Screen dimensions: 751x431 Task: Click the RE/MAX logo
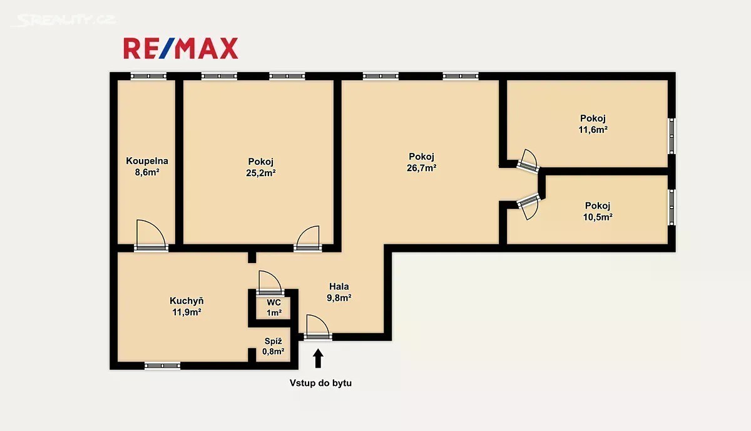tap(181, 48)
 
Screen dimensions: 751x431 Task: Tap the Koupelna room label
tap(147, 161)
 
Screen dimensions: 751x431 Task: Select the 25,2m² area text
tap(261, 173)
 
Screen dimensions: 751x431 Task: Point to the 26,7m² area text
tap(421, 168)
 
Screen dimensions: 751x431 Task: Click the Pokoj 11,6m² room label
tap(593, 124)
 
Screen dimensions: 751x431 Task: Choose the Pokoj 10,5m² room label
tap(598, 211)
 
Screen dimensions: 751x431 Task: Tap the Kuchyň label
tap(186, 301)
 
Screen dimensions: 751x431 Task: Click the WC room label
tap(274, 303)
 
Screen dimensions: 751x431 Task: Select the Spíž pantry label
tap(273, 341)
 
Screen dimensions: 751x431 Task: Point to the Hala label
tap(339, 287)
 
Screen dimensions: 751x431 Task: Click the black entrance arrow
tap(318, 358)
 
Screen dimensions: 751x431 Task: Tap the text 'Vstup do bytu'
tap(320, 383)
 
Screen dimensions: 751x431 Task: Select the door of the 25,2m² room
tap(308, 238)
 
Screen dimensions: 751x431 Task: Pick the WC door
tap(270, 283)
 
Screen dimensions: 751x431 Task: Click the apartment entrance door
tap(318, 327)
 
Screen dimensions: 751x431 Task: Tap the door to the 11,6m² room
tap(528, 160)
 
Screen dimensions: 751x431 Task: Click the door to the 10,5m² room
tap(528, 207)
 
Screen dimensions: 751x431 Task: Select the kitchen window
tap(162, 366)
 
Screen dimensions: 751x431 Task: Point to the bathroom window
tap(148, 76)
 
